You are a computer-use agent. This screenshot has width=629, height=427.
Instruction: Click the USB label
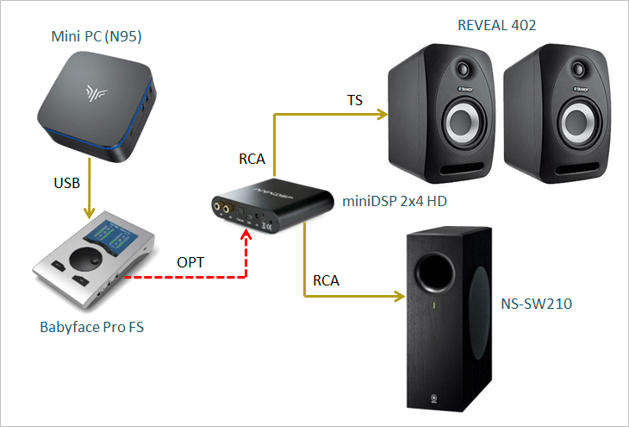[x=67, y=182]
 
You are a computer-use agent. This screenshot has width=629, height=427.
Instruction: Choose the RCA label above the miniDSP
[x=253, y=159]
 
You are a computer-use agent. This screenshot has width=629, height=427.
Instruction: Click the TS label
[x=354, y=100]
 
